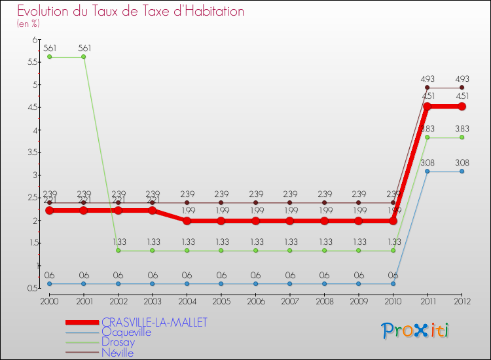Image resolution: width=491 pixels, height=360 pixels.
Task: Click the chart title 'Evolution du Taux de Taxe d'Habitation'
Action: pos(130,11)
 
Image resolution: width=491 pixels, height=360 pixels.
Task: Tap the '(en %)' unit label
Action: pos(28,24)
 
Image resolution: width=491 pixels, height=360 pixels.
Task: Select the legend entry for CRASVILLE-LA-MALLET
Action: pos(155,322)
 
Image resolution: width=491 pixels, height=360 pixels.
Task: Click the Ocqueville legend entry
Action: pos(126,333)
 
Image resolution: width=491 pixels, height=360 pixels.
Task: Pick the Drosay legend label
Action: pos(118,342)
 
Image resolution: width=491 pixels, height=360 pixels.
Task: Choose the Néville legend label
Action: pos(118,353)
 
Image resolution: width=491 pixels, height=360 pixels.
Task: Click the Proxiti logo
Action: pos(416,331)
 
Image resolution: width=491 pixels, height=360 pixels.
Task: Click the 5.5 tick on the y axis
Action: pos(32,62)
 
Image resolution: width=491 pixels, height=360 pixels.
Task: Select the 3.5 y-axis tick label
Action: pos(32,153)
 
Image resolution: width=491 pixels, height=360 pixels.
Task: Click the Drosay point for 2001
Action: pos(84,57)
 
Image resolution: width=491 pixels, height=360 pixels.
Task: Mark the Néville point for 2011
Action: pos(427,88)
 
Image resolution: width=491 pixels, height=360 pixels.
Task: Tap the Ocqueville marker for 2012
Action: pos(462,171)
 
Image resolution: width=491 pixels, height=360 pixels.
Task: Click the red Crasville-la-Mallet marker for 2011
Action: pos(427,106)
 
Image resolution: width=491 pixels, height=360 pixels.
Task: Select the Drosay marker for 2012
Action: pos(462,137)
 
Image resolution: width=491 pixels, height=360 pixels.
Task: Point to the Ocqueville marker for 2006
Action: pos(255,283)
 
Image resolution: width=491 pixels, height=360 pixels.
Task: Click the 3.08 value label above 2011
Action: pos(427,161)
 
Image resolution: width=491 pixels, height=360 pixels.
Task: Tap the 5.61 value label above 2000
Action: pos(50,48)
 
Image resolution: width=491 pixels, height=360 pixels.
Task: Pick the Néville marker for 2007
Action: pos(289,203)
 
